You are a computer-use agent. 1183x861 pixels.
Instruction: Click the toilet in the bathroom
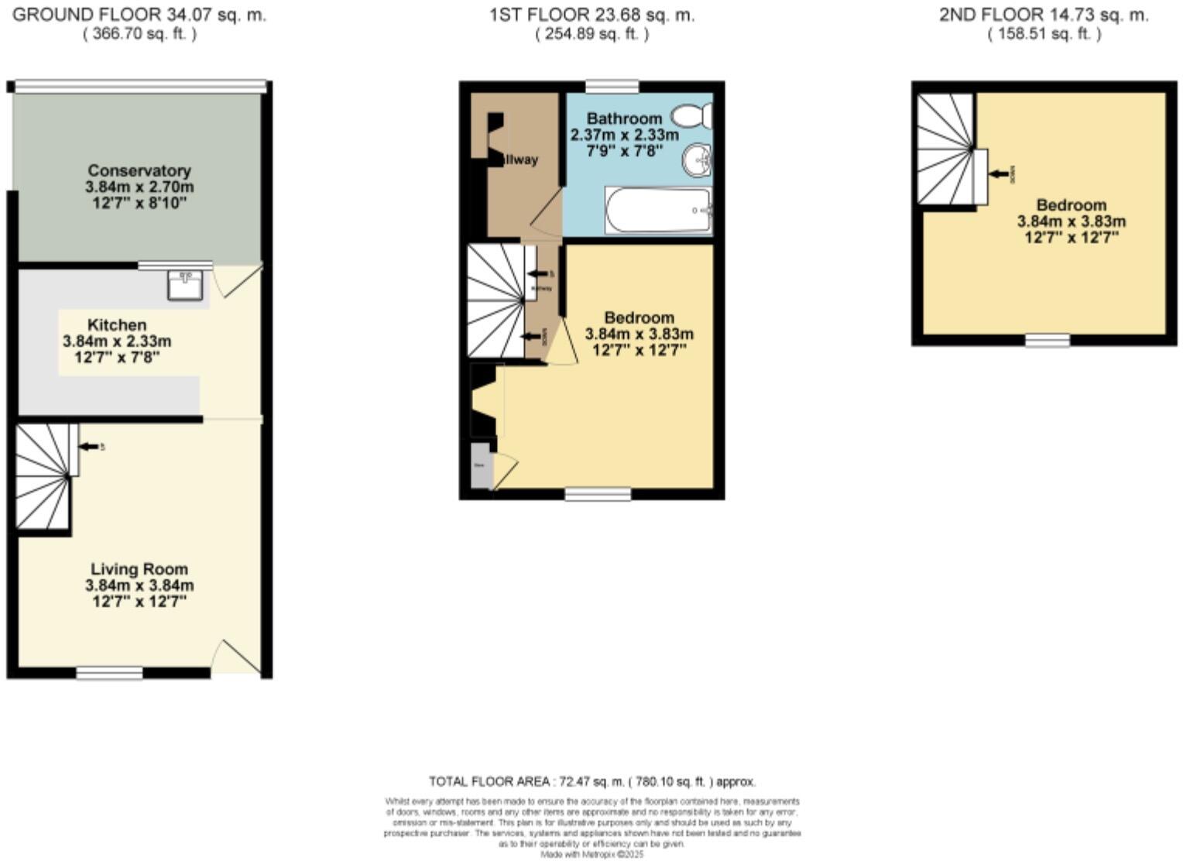(x=691, y=117)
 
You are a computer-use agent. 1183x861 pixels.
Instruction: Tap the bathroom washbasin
(x=697, y=162)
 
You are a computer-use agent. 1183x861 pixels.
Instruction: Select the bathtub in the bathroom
(x=659, y=211)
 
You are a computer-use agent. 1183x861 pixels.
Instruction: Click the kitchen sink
(x=186, y=285)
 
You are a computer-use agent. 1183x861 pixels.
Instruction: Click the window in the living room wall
(x=109, y=673)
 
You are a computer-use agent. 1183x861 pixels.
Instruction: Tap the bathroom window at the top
(x=612, y=86)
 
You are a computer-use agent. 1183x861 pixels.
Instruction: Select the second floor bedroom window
(x=1048, y=340)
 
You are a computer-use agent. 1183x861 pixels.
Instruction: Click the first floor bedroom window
(x=598, y=494)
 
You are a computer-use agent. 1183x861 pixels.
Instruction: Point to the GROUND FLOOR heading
(x=139, y=15)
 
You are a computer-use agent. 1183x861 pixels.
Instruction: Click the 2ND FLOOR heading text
(x=1044, y=15)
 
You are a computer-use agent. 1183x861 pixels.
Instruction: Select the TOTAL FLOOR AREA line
(x=592, y=781)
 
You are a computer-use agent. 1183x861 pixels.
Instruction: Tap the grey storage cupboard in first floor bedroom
(x=480, y=465)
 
